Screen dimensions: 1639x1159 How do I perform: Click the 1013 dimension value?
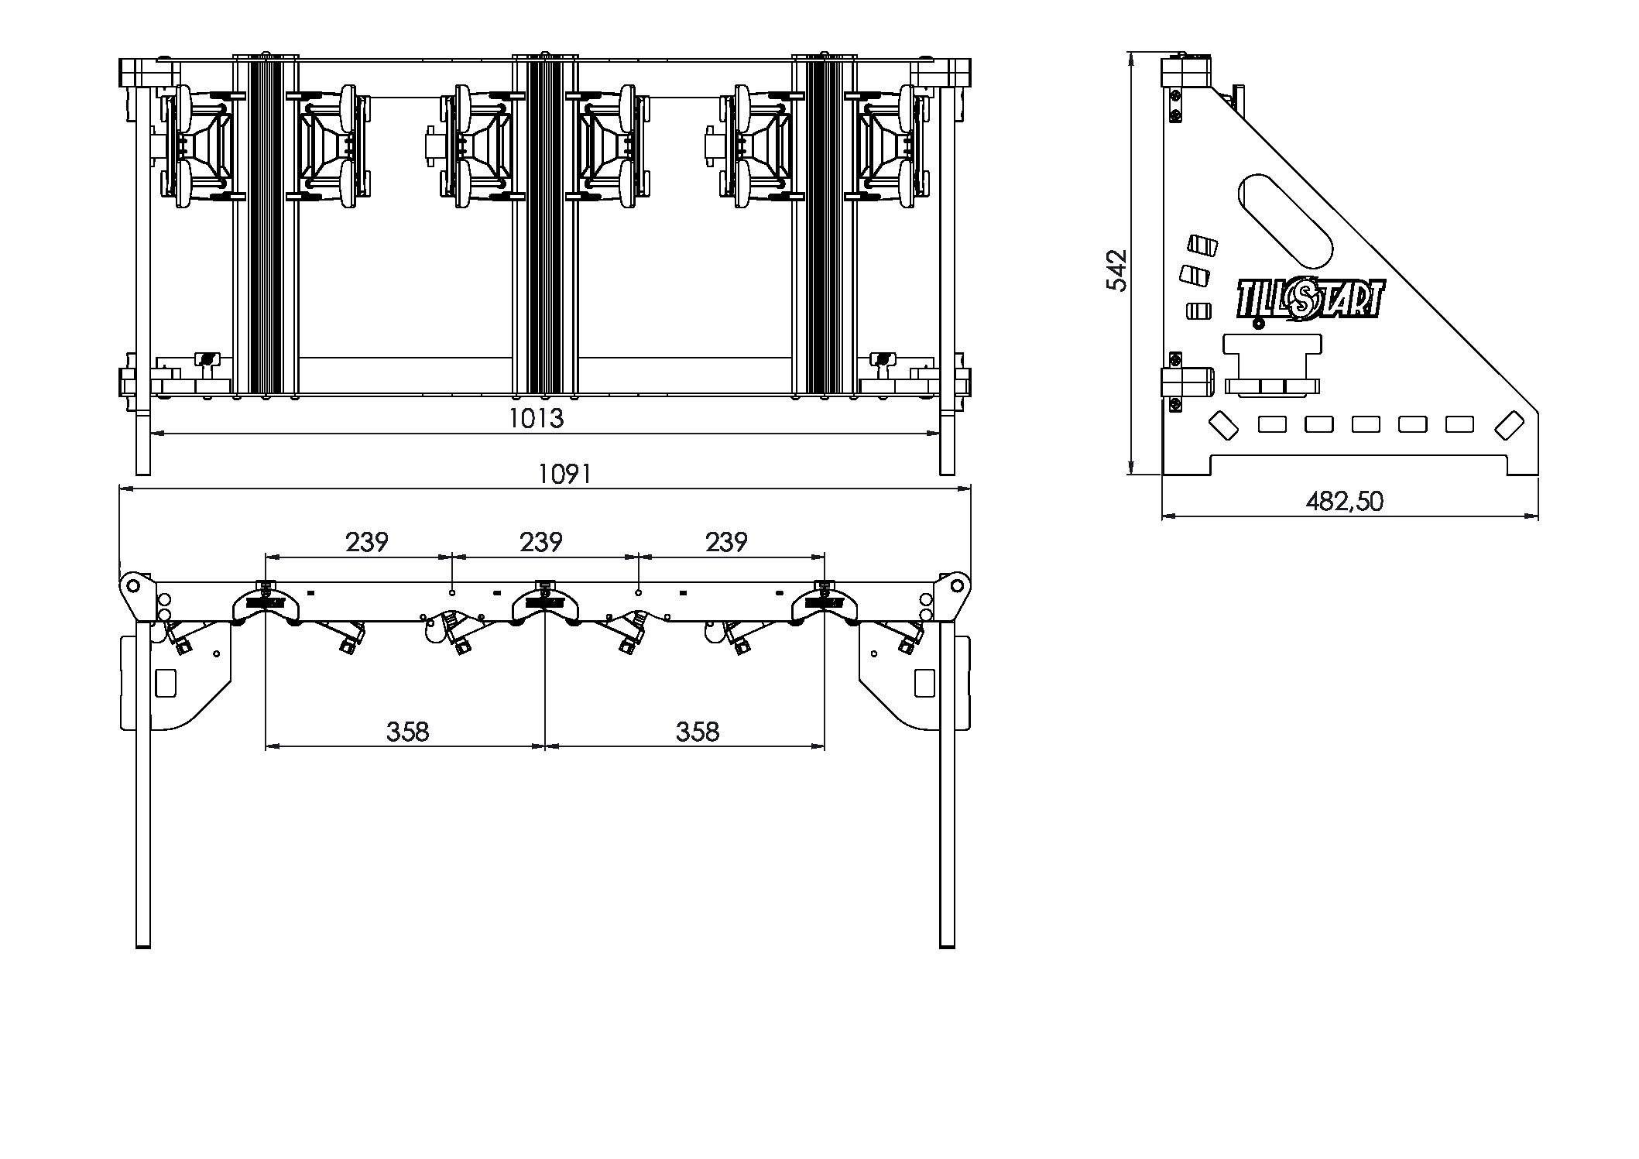click(x=536, y=418)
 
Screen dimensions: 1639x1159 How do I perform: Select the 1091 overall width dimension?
click(x=565, y=474)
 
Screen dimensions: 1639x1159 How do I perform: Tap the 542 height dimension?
click(x=1116, y=269)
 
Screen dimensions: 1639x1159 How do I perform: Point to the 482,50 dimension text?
click(x=1344, y=501)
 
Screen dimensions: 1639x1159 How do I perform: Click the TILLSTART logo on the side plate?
click(x=1308, y=300)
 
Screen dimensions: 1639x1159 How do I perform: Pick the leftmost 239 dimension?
click(x=366, y=542)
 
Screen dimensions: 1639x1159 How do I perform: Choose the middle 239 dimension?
click(x=540, y=542)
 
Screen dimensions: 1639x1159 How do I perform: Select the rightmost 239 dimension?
click(x=726, y=542)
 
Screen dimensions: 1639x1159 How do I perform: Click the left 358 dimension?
click(x=407, y=731)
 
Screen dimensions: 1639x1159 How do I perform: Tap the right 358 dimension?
click(x=698, y=731)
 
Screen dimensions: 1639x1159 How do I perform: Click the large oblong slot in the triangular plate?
click(x=1285, y=221)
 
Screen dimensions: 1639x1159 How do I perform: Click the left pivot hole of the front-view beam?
click(x=133, y=583)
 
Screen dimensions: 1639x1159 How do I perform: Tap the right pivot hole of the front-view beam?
click(x=957, y=583)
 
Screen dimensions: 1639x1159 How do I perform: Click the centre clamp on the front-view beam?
click(x=545, y=601)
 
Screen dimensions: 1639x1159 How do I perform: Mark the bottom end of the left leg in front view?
click(x=143, y=946)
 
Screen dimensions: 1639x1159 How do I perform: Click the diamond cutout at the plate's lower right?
click(x=1509, y=425)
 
